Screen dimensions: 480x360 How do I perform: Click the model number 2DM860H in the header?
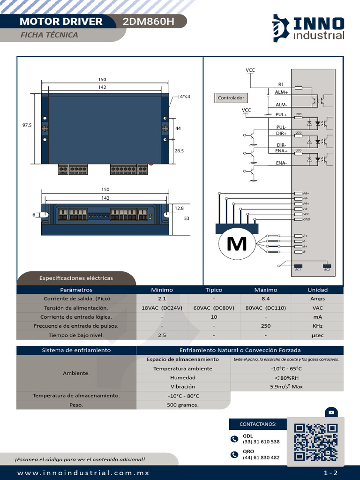[148, 22]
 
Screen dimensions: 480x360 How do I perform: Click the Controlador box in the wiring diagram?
[231, 98]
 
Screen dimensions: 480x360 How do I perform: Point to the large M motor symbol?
[237, 244]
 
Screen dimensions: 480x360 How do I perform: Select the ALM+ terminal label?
[281, 92]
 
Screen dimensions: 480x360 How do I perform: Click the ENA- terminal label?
[281, 163]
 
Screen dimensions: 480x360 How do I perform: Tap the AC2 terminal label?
[327, 270]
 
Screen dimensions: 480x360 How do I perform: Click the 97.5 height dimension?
[27, 125]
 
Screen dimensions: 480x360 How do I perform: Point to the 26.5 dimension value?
[179, 151]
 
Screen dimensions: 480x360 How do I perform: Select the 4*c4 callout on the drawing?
[185, 97]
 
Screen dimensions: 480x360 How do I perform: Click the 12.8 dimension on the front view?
[179, 208]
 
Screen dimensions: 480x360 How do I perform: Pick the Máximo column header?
[266, 290]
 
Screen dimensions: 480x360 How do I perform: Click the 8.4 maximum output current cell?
[266, 299]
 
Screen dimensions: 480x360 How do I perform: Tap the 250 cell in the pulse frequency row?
[266, 326]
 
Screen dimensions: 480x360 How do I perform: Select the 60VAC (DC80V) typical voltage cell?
[214, 308]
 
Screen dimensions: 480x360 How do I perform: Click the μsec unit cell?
[317, 335]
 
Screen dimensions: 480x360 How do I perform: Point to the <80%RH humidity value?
[286, 378]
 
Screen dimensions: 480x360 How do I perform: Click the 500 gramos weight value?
[183, 405]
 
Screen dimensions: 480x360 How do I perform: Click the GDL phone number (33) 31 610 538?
[261, 442]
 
